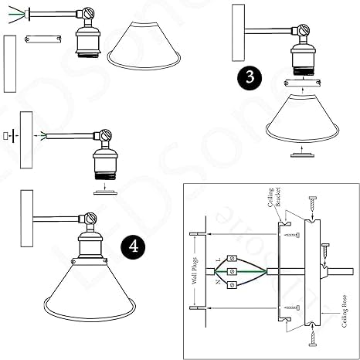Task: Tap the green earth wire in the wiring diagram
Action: pyautogui.click(x=247, y=270)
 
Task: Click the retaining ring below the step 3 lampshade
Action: pyautogui.click(x=297, y=156)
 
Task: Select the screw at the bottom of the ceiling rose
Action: pyautogui.click(x=311, y=335)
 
